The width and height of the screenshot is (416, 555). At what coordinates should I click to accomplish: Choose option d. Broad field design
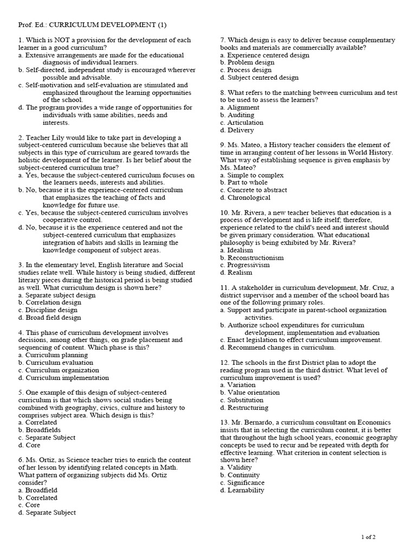click(49, 318)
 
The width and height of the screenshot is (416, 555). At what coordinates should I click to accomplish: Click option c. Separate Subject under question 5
click(47, 437)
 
